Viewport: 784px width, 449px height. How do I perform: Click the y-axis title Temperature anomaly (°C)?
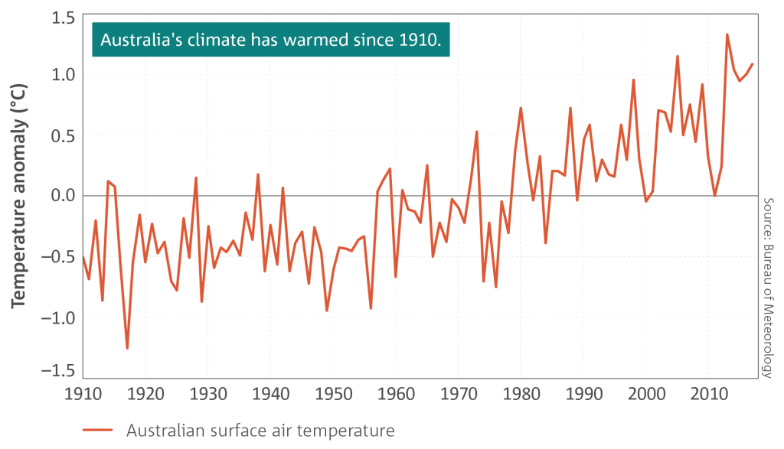(x=19, y=195)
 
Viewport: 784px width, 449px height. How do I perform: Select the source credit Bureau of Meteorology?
(x=768, y=287)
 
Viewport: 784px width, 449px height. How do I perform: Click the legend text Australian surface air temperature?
(x=260, y=431)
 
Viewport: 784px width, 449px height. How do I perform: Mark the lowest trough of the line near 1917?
(x=127, y=349)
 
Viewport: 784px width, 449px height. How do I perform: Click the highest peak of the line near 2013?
(x=727, y=34)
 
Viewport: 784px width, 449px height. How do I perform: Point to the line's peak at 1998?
(x=633, y=80)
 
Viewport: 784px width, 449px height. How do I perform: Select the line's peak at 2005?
(x=677, y=56)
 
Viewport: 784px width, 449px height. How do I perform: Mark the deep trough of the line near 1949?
(x=327, y=311)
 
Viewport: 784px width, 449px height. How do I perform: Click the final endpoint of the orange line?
(x=753, y=63)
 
